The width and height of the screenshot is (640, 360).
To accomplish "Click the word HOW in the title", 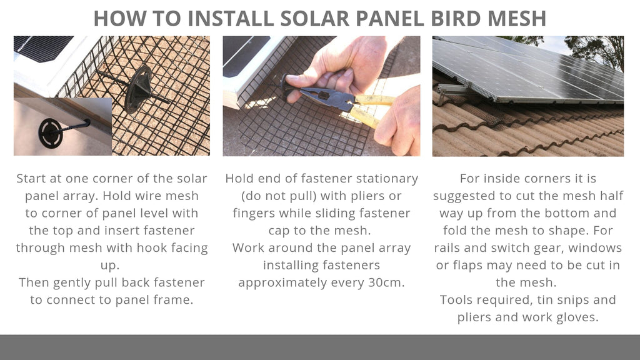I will [x=117, y=18].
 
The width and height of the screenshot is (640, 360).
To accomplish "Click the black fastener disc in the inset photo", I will [x=51, y=132].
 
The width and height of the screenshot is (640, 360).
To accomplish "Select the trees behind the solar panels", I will [x=594, y=50].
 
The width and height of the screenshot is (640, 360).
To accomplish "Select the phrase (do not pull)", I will [x=278, y=196].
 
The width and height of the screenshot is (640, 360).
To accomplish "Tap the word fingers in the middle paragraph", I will [x=257, y=213].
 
